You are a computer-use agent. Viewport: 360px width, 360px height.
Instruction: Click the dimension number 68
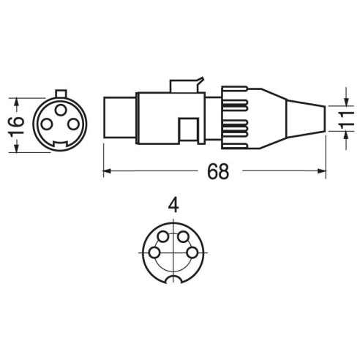click(x=218, y=171)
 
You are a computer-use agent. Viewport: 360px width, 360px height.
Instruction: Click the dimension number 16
click(x=16, y=126)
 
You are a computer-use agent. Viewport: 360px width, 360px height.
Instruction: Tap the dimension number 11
click(x=345, y=119)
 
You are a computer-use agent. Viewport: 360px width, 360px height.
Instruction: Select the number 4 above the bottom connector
click(x=173, y=206)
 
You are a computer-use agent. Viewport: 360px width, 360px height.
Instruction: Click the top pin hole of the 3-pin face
click(x=61, y=110)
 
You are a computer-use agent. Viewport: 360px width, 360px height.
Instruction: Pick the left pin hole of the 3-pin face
click(x=47, y=124)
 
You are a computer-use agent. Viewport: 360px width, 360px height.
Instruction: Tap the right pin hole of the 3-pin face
click(x=74, y=124)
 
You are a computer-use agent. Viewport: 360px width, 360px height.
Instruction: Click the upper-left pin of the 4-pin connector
click(x=163, y=237)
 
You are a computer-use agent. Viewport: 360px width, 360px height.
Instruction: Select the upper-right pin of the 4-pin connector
click(x=183, y=237)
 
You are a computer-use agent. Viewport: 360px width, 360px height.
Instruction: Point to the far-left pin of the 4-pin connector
click(x=154, y=252)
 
